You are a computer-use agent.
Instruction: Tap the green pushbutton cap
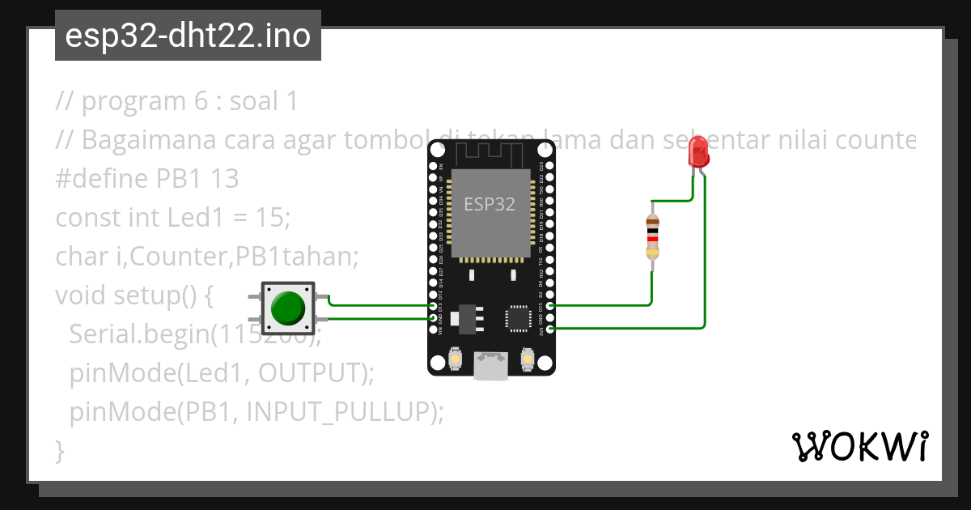coord(287,308)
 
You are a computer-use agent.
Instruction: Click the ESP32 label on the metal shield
coord(489,204)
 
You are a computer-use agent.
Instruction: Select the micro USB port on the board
coord(491,365)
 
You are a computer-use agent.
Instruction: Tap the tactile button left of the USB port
coord(456,359)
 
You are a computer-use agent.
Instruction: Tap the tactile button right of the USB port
coord(528,359)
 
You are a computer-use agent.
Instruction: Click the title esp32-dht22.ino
coord(188,36)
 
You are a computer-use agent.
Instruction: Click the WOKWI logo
coord(859,446)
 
